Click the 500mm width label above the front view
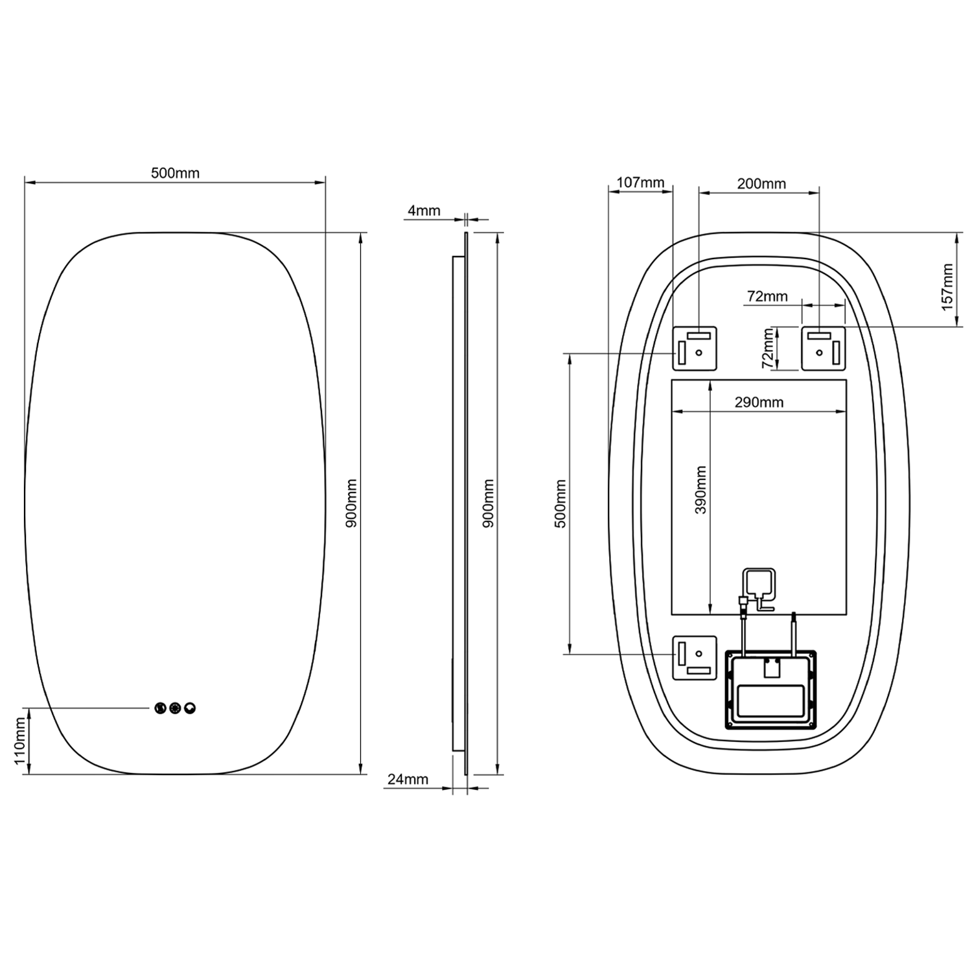(x=175, y=173)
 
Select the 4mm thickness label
(x=424, y=211)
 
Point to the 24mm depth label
(x=408, y=779)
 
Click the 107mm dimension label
(x=640, y=183)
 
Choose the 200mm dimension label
(x=761, y=184)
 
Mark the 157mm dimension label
(x=947, y=287)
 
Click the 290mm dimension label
(x=759, y=402)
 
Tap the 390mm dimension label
(x=700, y=490)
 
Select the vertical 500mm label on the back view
(x=561, y=503)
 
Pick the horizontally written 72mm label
(x=767, y=296)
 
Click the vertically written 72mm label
(x=768, y=349)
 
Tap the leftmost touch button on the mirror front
(x=161, y=708)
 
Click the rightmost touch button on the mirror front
(x=190, y=708)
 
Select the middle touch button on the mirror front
(x=175, y=708)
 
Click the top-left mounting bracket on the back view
(x=695, y=349)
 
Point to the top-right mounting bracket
(x=823, y=349)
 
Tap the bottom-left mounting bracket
(x=695, y=658)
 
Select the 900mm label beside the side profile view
(x=489, y=503)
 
